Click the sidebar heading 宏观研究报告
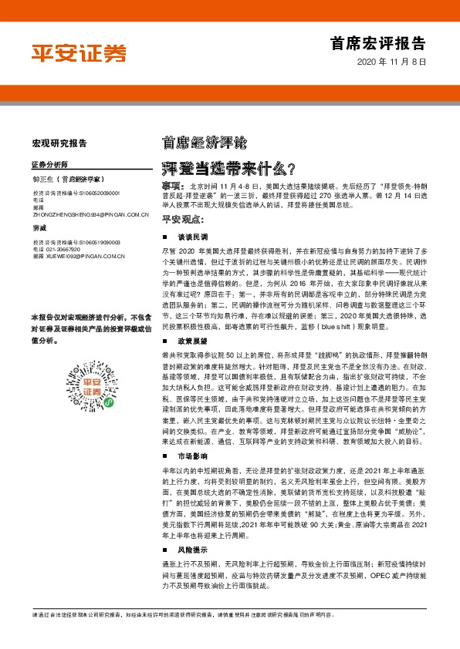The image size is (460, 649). pos(59,143)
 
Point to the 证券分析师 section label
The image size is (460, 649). pos(49,165)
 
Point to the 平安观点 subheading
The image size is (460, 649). pos(182,218)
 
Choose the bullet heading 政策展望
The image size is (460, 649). pos(192,340)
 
